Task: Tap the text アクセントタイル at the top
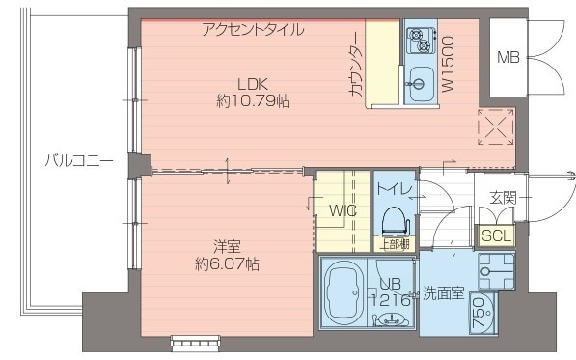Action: pyautogui.click(x=253, y=29)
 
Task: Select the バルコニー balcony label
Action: pyautogui.click(x=79, y=160)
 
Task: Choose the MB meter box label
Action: pyautogui.click(x=507, y=57)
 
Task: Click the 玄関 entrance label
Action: pyautogui.click(x=503, y=198)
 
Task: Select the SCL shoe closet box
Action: pyautogui.click(x=497, y=235)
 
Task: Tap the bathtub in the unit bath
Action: pyautogui.click(x=343, y=292)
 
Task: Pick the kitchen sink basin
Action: pyautogui.click(x=421, y=79)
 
